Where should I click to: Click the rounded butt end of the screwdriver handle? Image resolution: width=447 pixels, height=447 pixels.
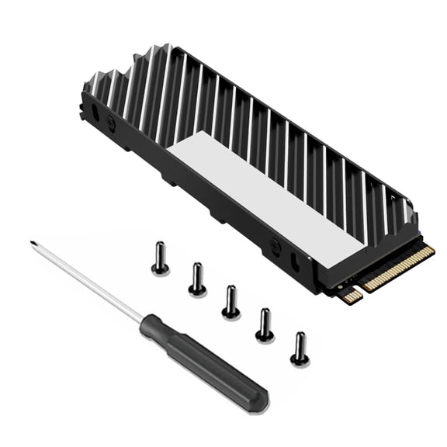(x=260, y=403)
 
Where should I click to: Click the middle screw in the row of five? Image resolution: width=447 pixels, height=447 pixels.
(x=230, y=302)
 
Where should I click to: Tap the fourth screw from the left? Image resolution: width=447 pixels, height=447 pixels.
(x=265, y=325)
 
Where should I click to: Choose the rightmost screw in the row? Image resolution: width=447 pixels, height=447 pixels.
(x=300, y=349)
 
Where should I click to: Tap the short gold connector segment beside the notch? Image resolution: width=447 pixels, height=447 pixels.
(x=352, y=296)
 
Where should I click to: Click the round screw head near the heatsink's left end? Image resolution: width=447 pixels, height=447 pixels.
(x=111, y=122)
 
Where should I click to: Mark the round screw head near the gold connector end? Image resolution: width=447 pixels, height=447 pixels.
(x=274, y=246)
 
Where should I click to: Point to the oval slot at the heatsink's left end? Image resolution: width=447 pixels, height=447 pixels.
(x=95, y=110)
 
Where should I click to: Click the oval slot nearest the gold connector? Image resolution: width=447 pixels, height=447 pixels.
(x=295, y=260)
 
